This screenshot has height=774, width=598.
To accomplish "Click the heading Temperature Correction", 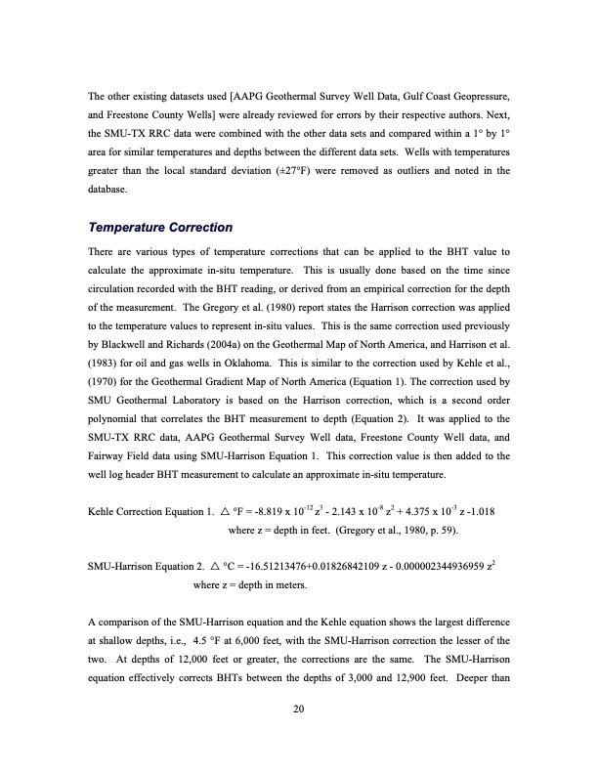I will pyautogui.click(x=159, y=228).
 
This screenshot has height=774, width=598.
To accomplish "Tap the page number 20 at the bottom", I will pyautogui.click(x=298, y=708).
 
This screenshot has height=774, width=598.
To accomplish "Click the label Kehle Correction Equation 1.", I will pyautogui.click(x=146, y=512).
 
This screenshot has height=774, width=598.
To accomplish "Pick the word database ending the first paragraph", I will pyautogui.click(x=107, y=189).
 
